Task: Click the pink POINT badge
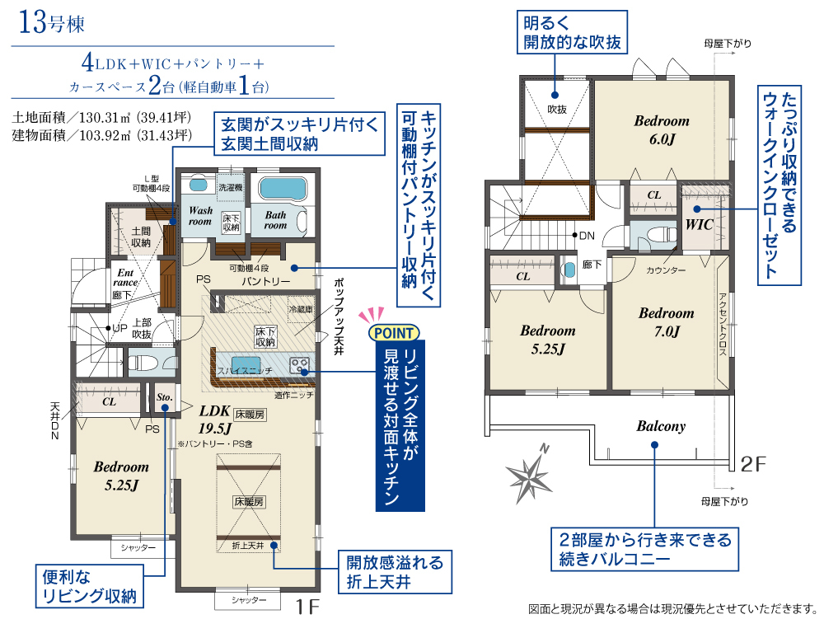tap(394, 333)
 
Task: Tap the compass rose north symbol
tap(530, 475)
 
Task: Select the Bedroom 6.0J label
tap(662, 129)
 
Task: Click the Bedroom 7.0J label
tap(667, 322)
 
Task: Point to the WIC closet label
tap(699, 225)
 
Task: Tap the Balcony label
tap(661, 426)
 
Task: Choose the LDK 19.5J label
tap(214, 420)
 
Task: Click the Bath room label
tap(275, 220)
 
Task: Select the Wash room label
tap(200, 216)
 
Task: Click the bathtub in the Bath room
tap(282, 189)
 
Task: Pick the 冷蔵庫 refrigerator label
tap(301, 310)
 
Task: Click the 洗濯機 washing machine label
tap(230, 188)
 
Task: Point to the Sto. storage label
tap(165, 397)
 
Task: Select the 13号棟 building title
tap(51, 23)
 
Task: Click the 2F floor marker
tap(753, 464)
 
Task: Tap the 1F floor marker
tap(307, 607)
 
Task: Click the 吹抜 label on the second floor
tap(556, 110)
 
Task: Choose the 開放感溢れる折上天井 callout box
tap(395, 572)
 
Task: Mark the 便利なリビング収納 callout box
tap(90, 586)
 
